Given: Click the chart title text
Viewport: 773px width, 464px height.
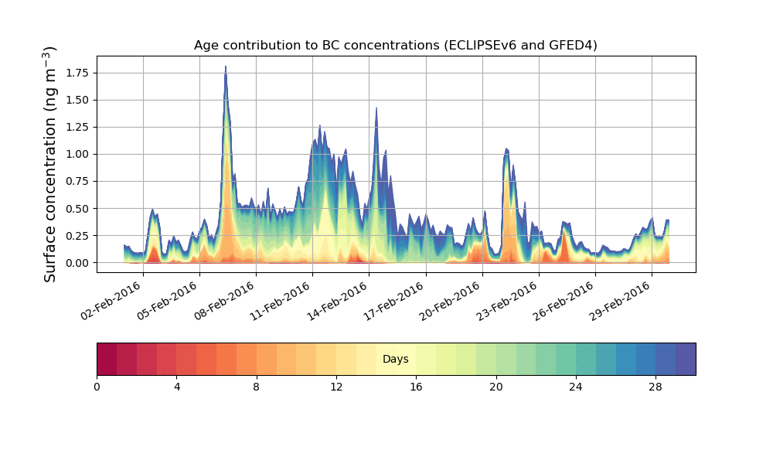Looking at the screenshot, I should pos(395,46).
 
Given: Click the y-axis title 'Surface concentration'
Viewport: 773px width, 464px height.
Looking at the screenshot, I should pos(50,164).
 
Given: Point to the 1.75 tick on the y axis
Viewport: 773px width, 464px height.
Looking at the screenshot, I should pos(76,73).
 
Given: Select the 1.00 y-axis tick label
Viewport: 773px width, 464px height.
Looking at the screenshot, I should pos(76,154).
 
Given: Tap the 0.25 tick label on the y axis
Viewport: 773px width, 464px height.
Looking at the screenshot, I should pos(76,235).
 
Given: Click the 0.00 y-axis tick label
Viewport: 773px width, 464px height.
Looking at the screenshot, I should pos(76,263).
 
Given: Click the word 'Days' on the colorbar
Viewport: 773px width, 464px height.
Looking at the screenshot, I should pos(395,360).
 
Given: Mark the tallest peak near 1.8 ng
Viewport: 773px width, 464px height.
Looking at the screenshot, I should pos(226,67).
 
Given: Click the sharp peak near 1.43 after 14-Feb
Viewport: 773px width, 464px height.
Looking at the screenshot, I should pos(376,108).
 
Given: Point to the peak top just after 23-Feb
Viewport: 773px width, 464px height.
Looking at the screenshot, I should pos(506,149).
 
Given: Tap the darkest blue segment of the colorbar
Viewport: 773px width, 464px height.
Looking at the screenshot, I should pos(685,359).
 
